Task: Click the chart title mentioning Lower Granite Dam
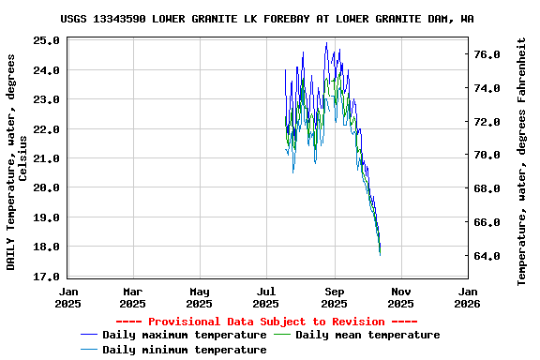click(x=267, y=19)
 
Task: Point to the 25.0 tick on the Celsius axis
click(x=46, y=40)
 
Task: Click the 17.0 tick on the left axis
click(x=46, y=277)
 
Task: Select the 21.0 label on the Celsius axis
click(x=46, y=158)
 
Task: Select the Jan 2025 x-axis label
click(x=67, y=296)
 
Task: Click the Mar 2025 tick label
click(x=133, y=296)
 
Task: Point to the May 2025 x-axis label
click(x=199, y=296)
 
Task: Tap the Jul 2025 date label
click(x=267, y=296)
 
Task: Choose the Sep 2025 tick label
click(x=335, y=296)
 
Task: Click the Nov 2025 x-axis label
click(x=400, y=296)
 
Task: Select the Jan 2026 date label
click(x=467, y=296)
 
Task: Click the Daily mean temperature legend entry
click(x=367, y=335)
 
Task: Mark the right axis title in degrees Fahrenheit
click(x=522, y=161)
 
